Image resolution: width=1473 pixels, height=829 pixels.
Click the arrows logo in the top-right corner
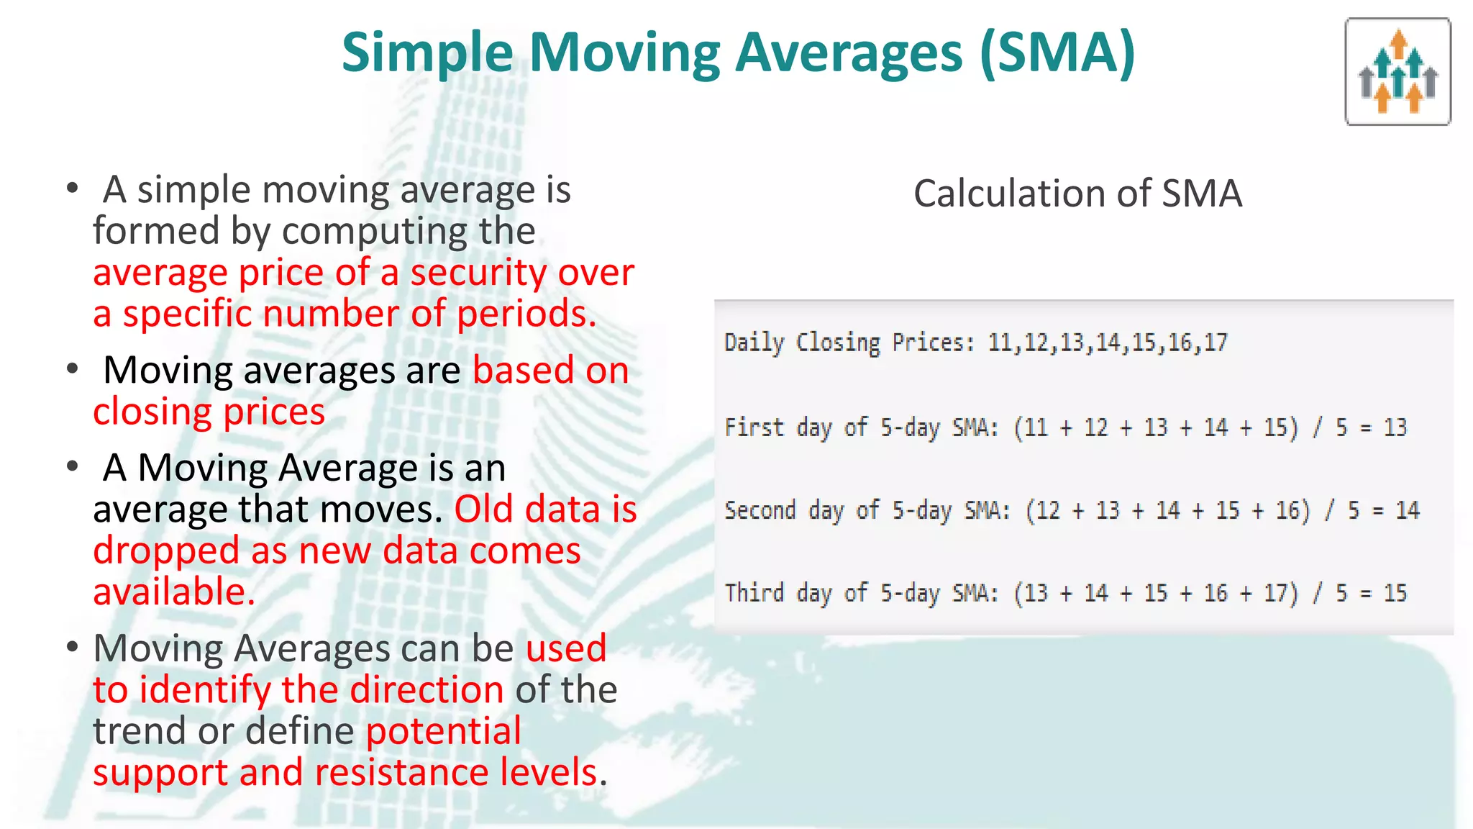[1397, 72]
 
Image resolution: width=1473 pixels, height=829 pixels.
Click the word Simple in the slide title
[427, 53]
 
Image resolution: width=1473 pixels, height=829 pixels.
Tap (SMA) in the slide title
[1057, 53]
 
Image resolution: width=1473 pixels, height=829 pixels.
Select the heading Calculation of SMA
[1077, 194]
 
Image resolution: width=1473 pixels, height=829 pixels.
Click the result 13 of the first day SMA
[1395, 427]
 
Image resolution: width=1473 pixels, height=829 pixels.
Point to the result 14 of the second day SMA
[1408, 510]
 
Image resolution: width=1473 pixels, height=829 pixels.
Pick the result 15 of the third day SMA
[1395, 593]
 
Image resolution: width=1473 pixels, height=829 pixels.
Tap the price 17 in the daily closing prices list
[1216, 343]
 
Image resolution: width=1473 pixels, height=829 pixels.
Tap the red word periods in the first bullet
[525, 314]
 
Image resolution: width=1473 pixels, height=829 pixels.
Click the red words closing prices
[209, 412]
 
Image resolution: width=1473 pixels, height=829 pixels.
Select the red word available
[173, 592]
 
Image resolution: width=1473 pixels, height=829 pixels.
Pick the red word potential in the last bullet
[444, 731]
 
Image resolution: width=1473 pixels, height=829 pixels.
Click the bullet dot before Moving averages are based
[72, 369]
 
